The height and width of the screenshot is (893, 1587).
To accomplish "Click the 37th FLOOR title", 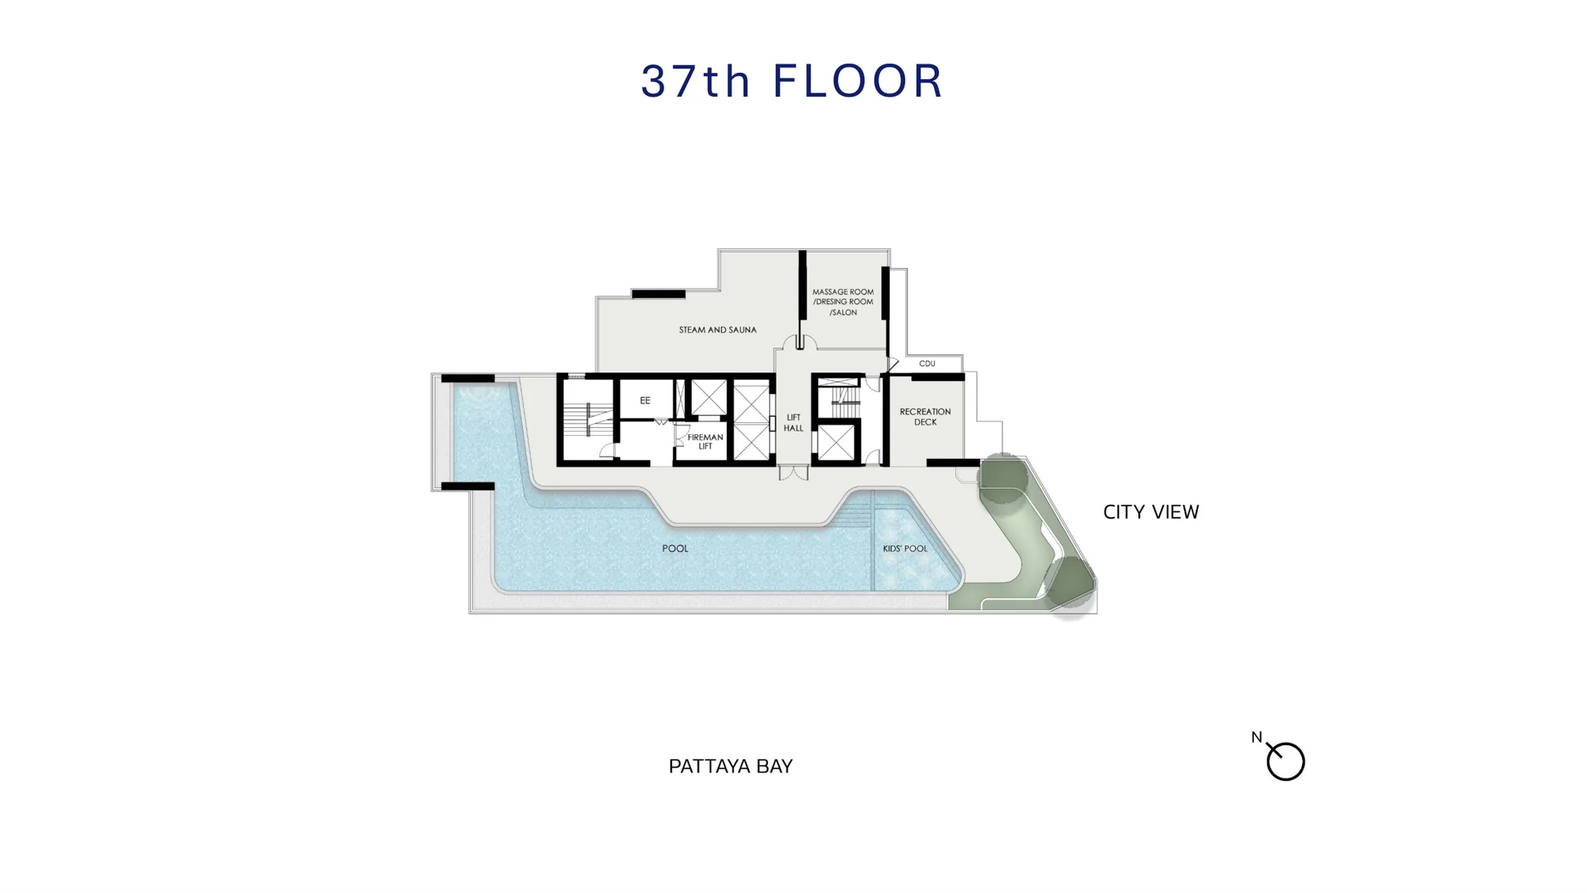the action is click(x=792, y=81).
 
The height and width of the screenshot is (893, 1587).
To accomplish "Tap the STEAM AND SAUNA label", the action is click(x=717, y=329).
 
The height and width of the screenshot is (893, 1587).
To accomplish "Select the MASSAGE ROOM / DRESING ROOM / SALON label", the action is click(x=843, y=302).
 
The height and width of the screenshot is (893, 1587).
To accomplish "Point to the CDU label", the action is click(x=927, y=364).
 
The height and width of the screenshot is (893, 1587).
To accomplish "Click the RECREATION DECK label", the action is click(x=925, y=417).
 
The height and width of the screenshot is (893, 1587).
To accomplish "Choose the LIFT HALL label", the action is click(x=793, y=422).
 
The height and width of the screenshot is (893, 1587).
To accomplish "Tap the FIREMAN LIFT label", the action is click(x=705, y=441).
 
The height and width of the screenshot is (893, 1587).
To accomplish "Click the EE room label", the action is click(x=645, y=400).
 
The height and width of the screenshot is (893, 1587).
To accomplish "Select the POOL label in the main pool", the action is click(x=675, y=549).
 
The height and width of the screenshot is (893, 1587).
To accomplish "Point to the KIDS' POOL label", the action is click(x=905, y=549).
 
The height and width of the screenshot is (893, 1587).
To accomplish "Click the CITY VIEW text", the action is click(x=1151, y=512).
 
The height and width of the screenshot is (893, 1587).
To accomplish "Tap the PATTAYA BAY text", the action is click(x=731, y=766).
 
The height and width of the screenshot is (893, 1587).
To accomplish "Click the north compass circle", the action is click(x=1285, y=762).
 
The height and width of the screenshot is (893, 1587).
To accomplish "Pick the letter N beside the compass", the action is click(x=1256, y=737).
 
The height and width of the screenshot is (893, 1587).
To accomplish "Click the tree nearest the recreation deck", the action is click(x=1004, y=478).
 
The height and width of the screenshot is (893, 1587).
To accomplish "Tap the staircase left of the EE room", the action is click(x=588, y=419).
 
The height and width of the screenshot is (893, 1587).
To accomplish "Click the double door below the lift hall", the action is click(x=793, y=473).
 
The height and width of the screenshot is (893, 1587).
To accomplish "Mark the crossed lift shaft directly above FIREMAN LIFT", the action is click(x=709, y=398).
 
